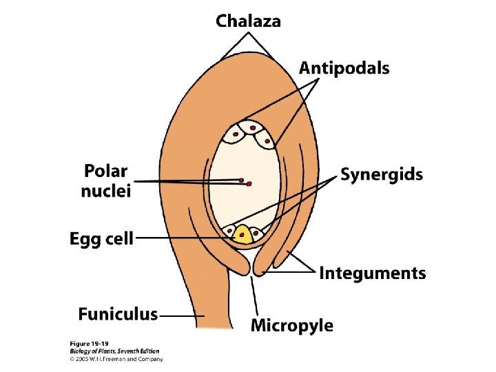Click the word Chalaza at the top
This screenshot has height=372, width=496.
click(x=249, y=21)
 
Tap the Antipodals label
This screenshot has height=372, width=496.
click(x=344, y=68)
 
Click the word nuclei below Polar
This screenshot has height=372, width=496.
click(x=105, y=191)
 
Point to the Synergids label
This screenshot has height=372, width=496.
click(x=381, y=174)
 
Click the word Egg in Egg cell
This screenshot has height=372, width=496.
click(x=85, y=239)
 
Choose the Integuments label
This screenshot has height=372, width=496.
click(x=372, y=273)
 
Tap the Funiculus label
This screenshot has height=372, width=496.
click(x=118, y=315)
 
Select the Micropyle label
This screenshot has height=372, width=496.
click(x=291, y=325)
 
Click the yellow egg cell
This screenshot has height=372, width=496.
click(x=242, y=236)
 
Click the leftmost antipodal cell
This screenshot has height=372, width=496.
click(x=236, y=132)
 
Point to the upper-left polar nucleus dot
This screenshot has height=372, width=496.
click(x=242, y=180)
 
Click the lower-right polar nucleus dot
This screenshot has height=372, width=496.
click(x=249, y=184)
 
